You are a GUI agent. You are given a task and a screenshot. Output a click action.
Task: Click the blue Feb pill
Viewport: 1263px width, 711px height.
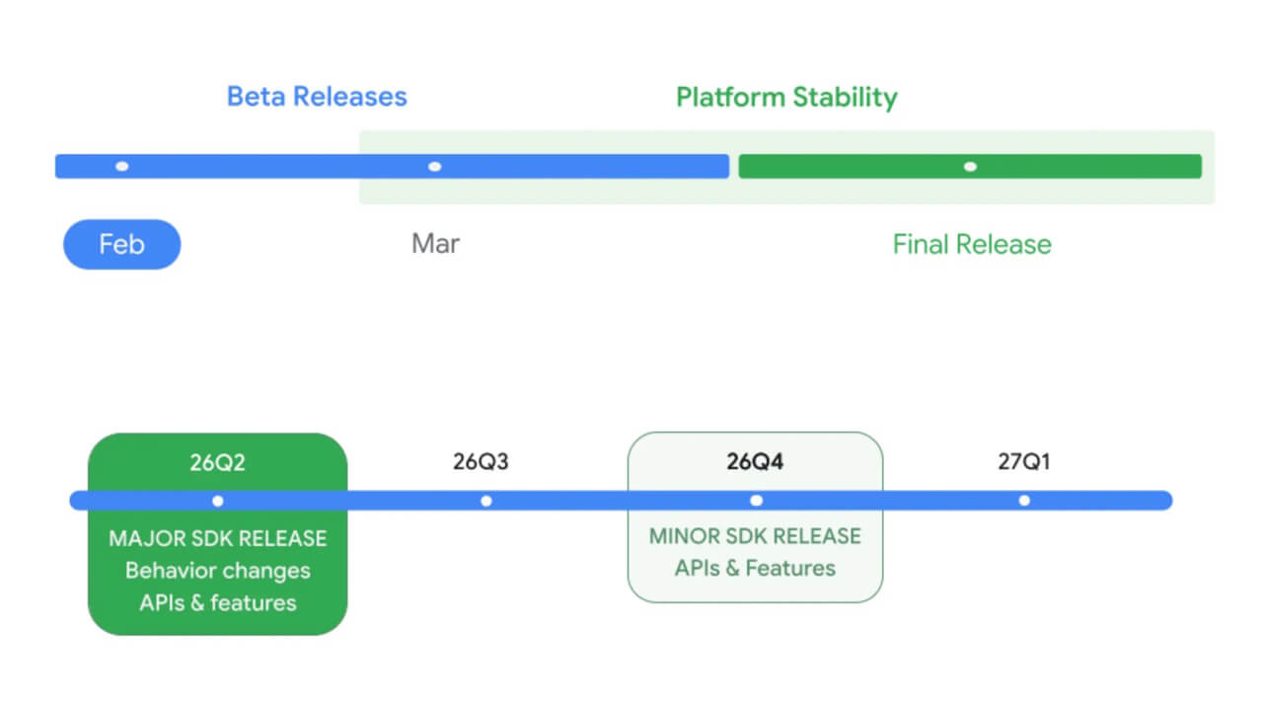pos(121,244)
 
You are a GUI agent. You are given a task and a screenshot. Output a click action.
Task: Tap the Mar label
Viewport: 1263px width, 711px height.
pos(435,244)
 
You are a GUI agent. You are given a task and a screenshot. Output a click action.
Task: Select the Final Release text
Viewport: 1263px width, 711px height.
pos(972,244)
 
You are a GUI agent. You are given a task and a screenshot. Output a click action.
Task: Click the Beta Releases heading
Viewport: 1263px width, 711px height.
pos(317,97)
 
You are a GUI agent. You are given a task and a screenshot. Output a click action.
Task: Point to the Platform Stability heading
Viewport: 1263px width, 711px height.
pos(786,97)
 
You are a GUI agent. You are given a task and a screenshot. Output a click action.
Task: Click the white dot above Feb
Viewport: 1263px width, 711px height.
pos(121,166)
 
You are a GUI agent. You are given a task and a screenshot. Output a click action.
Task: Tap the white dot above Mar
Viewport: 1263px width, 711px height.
pos(435,166)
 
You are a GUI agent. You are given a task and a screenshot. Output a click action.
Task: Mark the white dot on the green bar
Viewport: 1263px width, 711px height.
pos(970,166)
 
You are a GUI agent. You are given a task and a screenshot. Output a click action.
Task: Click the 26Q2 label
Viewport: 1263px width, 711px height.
pos(217,462)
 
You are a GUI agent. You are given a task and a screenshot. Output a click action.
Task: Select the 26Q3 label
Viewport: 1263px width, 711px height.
pos(481,462)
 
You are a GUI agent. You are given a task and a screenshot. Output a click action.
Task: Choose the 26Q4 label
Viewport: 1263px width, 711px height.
pos(755,462)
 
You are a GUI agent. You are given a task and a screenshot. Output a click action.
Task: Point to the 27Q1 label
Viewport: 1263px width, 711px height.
pos(1023,462)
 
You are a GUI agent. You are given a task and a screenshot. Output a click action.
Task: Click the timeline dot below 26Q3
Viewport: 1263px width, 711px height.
pos(485,501)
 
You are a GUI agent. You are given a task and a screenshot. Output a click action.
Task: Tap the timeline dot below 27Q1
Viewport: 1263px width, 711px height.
pos(1024,501)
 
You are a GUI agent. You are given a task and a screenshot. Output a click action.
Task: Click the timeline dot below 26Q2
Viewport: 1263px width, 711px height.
pos(218,501)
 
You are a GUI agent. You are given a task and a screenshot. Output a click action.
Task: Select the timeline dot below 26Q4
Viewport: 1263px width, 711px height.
pos(756,501)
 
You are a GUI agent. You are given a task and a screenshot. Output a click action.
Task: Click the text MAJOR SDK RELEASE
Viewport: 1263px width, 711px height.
pos(217,539)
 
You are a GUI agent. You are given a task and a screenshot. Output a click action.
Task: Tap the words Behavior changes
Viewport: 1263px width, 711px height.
pos(217,571)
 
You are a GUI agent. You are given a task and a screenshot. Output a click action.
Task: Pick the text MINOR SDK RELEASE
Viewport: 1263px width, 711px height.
pos(755,536)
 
